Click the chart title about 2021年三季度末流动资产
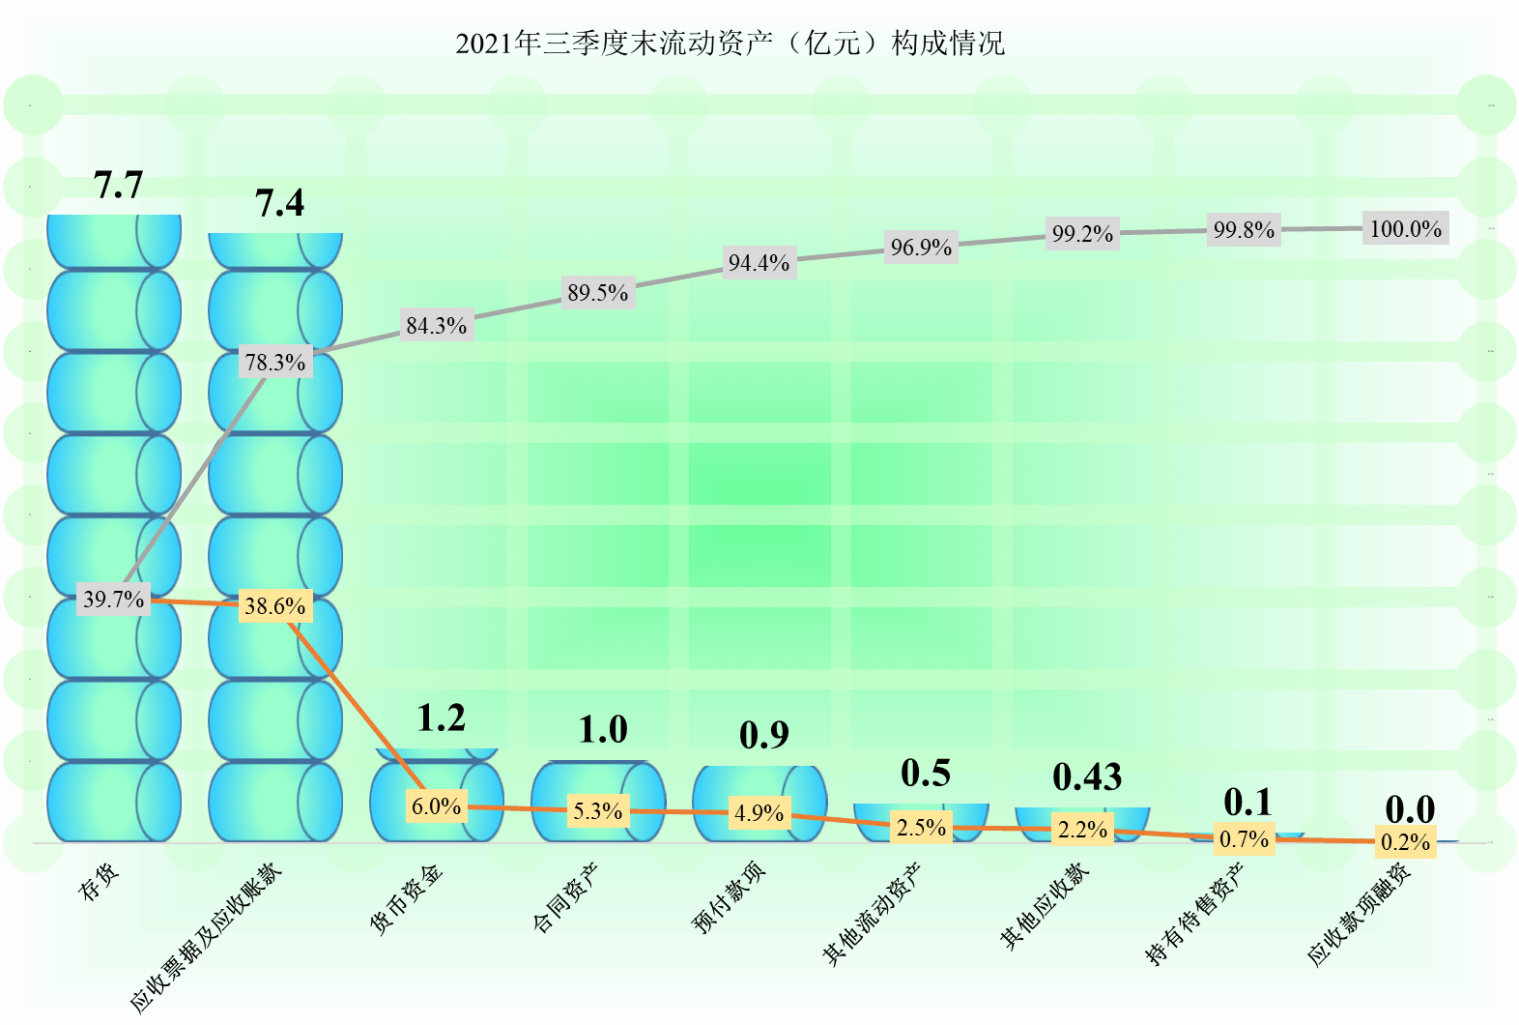[x=730, y=44]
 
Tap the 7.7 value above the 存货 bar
[x=118, y=185]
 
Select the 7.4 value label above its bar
[x=279, y=203]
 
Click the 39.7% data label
[x=113, y=600]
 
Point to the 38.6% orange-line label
[x=274, y=606]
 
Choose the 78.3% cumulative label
[x=274, y=363]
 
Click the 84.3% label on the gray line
[x=436, y=326]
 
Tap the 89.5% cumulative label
[x=597, y=293]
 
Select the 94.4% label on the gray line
[x=759, y=263]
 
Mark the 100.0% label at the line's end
[x=1405, y=229]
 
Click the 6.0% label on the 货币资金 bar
[x=436, y=806]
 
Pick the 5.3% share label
[x=597, y=811]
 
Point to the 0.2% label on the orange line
[x=1405, y=842]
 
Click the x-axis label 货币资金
[x=407, y=899]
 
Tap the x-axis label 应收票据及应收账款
[x=206, y=936]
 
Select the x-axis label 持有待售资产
[x=1195, y=914]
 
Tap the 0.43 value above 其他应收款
[x=1087, y=777]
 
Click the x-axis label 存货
[x=100, y=882]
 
